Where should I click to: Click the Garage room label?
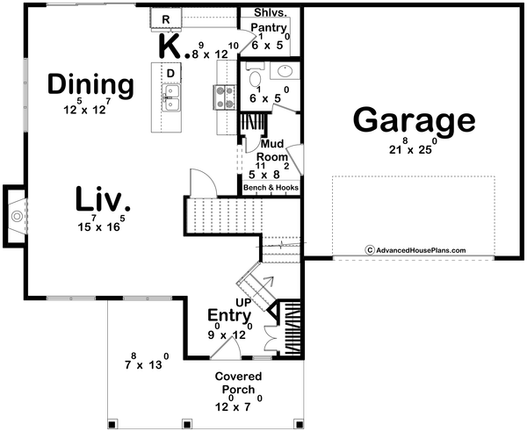pyautogui.click(x=414, y=121)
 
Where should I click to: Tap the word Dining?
pyautogui.click(x=90, y=85)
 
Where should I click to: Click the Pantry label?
pyautogui.click(x=268, y=28)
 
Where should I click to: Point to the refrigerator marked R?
pyautogui.click(x=165, y=18)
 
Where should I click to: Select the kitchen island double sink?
pyautogui.click(x=172, y=98)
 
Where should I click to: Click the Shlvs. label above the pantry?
pyautogui.click(x=268, y=13)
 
